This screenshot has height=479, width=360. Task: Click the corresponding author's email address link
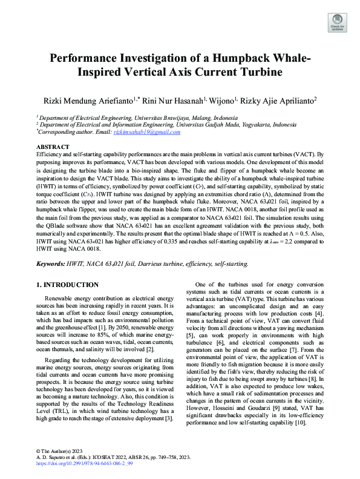(x=149, y=132)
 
